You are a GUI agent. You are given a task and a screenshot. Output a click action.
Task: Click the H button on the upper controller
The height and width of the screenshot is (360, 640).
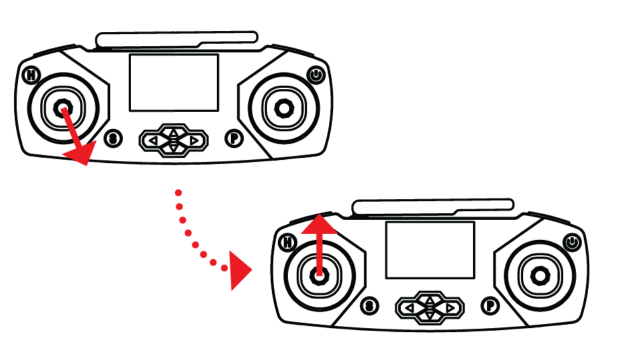31,75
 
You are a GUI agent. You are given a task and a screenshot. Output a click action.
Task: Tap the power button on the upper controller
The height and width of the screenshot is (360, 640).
315,75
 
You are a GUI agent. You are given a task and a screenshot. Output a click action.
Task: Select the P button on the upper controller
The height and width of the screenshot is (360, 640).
234,138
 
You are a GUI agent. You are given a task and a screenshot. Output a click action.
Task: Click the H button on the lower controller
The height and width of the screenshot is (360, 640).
287,242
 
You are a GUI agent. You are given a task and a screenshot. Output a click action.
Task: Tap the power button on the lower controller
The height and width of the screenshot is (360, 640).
572,242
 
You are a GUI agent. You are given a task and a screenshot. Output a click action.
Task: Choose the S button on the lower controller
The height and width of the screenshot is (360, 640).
369,306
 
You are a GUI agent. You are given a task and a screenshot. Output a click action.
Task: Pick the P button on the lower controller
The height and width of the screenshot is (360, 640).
490,306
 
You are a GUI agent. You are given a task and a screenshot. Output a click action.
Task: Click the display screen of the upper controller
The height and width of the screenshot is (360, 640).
174,82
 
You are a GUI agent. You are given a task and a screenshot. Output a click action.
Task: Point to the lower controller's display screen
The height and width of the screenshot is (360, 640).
430,250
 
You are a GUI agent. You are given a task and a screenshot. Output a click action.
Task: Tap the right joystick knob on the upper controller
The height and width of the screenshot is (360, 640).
284,108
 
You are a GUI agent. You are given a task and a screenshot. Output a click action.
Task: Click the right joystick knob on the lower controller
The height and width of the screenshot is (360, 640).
540,276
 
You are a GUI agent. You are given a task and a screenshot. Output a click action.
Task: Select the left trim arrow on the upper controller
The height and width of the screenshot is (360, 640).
153,140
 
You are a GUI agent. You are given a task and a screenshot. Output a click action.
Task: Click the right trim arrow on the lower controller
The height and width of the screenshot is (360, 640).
450,308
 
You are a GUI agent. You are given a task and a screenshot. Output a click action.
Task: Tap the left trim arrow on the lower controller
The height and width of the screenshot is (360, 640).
410,308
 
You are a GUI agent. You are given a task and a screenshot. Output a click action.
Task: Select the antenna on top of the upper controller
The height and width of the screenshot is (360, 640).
176,40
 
